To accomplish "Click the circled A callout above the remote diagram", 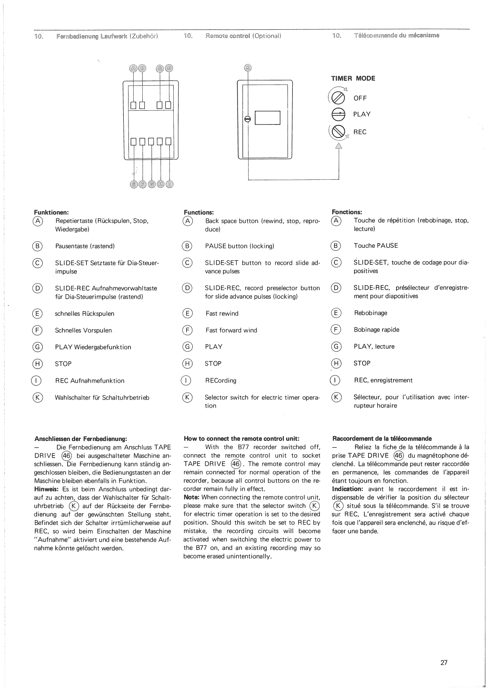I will click(133, 68).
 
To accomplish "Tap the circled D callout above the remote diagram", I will click(169, 68).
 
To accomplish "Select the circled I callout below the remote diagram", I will click(170, 184).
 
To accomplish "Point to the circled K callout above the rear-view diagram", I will click(247, 68).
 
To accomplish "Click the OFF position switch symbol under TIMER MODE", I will click(339, 97).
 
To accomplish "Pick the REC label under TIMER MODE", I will click(360, 132).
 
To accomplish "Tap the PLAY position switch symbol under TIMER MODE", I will click(339, 114).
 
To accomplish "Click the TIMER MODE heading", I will click(353, 78).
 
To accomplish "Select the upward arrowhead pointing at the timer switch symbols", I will click(338, 146).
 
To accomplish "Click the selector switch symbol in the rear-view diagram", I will click(248, 119).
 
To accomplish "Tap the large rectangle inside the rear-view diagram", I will click(267, 118).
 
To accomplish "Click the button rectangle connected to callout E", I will click(134, 141).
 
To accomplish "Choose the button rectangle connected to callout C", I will click(160, 105).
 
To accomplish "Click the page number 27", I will click(444, 662).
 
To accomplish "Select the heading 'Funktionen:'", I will click(51, 212).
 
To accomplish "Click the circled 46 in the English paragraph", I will click(235, 464).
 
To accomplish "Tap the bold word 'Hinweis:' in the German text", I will click(47, 489).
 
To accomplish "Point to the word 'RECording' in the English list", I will click(220, 381).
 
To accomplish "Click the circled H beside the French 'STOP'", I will click(336, 363).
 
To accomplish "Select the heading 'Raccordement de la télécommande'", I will click(382, 438).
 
